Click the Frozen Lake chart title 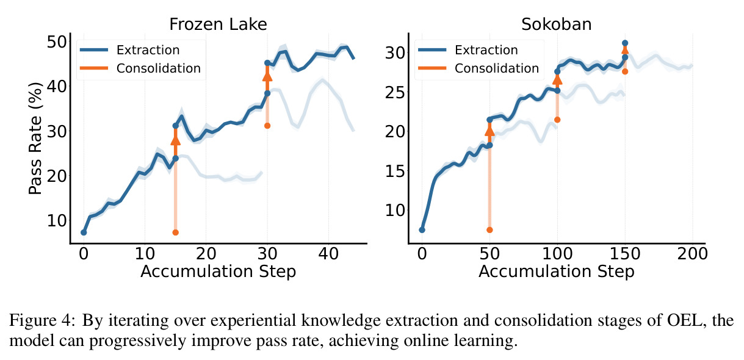(218, 24)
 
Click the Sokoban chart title (557, 24)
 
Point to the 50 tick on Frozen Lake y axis (57, 42)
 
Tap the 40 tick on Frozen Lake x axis (328, 254)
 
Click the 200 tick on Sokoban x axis (692, 254)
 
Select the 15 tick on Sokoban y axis (395, 171)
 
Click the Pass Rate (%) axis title (35, 138)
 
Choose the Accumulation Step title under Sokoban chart (557, 272)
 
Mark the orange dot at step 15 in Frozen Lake (175, 232)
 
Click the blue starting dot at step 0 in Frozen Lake (84, 232)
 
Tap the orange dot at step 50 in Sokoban (489, 230)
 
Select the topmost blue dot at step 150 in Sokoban (625, 43)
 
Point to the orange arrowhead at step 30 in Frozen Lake (267, 76)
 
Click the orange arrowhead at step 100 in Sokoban (557, 80)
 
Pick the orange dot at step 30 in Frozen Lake (267, 126)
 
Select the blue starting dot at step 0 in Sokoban (422, 230)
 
